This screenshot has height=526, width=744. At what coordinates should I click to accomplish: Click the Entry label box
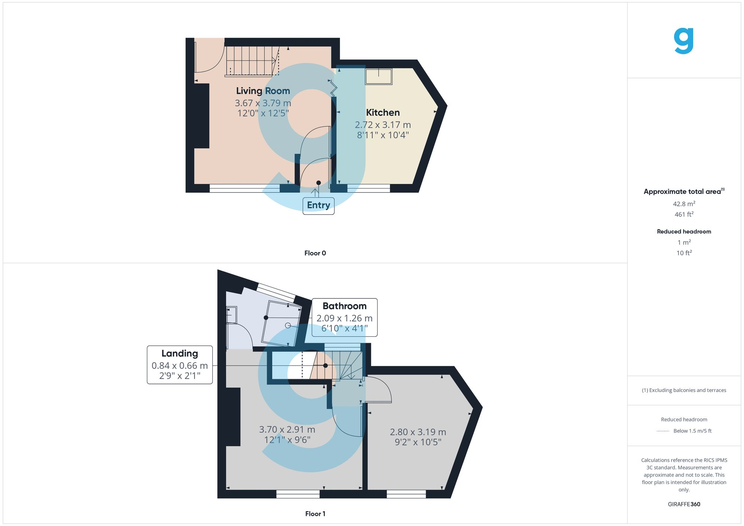click(x=318, y=206)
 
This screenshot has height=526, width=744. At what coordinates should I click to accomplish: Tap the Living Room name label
click(x=263, y=91)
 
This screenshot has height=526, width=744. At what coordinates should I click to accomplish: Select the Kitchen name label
click(x=383, y=113)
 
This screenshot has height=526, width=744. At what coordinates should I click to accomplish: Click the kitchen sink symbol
click(x=379, y=77)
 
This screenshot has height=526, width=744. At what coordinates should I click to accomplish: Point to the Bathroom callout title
click(x=344, y=306)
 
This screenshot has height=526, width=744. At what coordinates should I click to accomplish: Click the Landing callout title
click(x=180, y=354)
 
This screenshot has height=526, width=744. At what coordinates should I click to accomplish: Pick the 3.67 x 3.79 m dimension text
click(x=263, y=103)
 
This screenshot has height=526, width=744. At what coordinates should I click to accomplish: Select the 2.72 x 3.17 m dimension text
click(x=383, y=125)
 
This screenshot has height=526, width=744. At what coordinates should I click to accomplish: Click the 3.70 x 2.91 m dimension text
click(x=287, y=430)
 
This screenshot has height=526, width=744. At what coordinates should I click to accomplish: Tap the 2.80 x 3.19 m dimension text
click(x=418, y=432)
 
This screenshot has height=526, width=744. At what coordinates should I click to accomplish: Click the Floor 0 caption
click(x=315, y=253)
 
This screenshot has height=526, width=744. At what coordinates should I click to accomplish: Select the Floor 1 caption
click(x=315, y=514)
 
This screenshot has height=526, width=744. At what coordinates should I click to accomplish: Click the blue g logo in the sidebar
click(x=684, y=41)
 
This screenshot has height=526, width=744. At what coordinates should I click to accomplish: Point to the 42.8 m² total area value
click(x=684, y=204)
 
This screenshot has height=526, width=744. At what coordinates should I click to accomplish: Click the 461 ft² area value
click(x=684, y=214)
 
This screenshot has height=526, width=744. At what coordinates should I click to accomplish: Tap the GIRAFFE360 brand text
click(x=684, y=504)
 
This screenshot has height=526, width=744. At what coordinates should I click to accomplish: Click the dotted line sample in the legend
click(x=663, y=431)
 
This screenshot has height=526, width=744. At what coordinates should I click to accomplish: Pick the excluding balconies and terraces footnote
click(x=684, y=390)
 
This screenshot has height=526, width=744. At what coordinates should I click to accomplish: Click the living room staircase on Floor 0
click(x=252, y=61)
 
